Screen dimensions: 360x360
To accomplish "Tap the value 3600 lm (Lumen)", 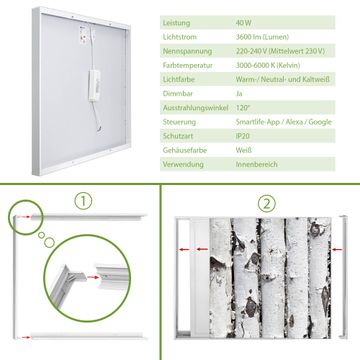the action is (262, 37).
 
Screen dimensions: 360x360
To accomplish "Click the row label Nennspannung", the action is (187, 51).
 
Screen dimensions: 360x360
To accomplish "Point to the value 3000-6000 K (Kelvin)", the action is (268, 65).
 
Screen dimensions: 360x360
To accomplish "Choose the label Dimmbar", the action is (178, 94).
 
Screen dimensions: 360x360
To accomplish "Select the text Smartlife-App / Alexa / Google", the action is (284, 122).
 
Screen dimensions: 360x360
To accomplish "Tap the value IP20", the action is (243, 136).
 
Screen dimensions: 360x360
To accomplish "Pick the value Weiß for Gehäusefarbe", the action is (244, 150).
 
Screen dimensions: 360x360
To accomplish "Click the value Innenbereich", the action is (257, 164).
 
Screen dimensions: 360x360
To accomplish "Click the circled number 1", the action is (83, 201).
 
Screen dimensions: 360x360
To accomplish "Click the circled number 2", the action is (267, 204).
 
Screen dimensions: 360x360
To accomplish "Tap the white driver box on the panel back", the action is (94, 85).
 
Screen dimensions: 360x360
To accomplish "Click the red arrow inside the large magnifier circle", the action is (93, 277).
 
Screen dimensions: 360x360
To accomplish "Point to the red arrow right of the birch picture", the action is (337, 249).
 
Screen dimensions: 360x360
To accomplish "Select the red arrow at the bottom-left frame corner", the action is (25, 337).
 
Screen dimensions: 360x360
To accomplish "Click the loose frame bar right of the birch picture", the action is (343, 277).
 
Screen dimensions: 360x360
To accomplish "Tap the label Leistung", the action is (176, 23).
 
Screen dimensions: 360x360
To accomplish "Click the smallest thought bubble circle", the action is (41, 235).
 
